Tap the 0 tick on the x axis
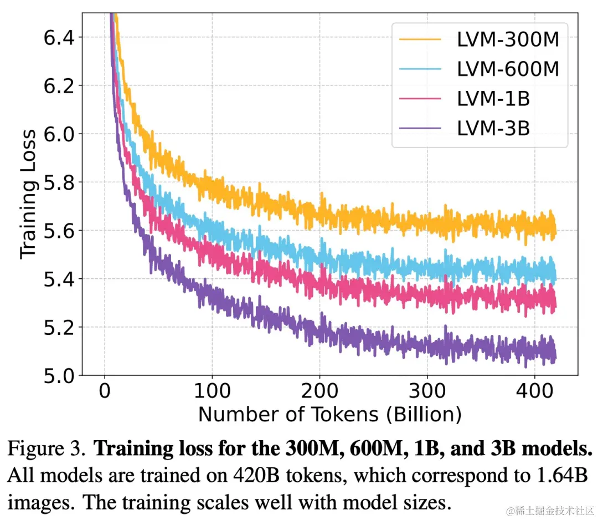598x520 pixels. (x=105, y=391)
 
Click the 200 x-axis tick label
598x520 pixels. (x=319, y=391)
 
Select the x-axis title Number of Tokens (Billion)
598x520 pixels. (x=329, y=414)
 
